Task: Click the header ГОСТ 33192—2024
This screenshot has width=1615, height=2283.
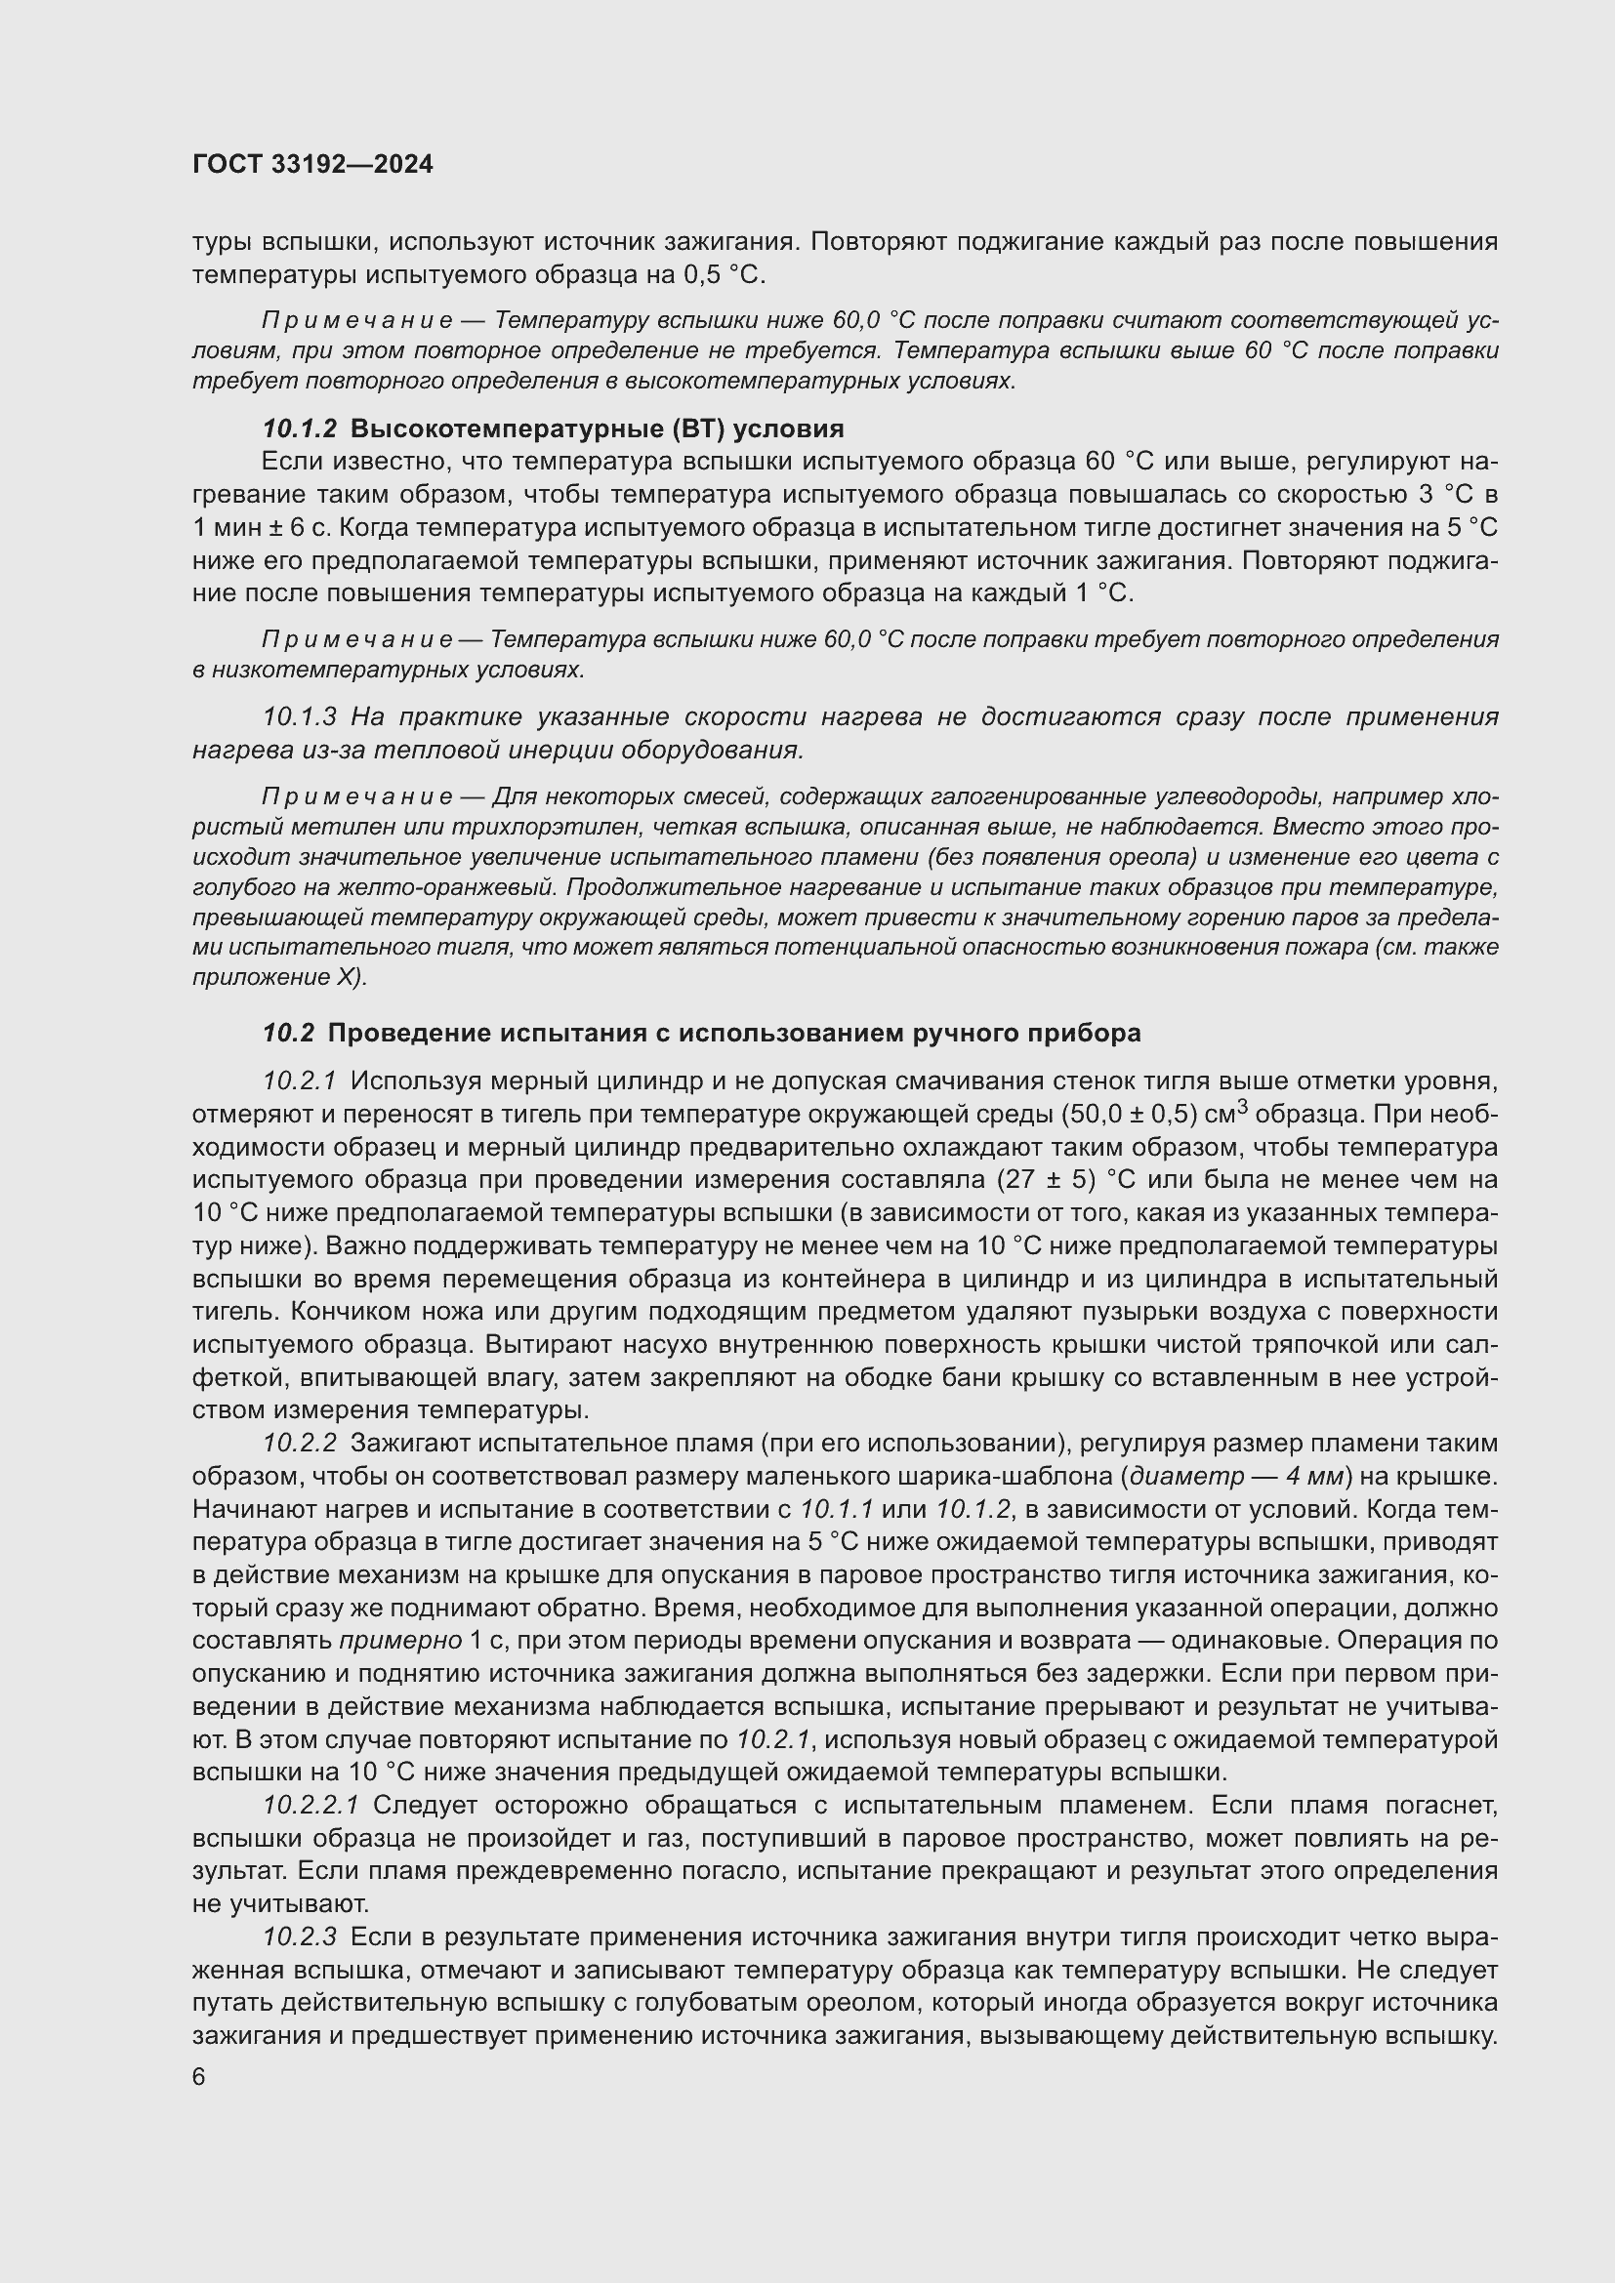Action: click(x=313, y=165)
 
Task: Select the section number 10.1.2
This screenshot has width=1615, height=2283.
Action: click(x=300, y=428)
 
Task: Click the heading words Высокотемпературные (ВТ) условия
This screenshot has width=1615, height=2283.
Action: click(x=597, y=428)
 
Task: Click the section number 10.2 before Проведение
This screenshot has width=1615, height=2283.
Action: click(x=288, y=1033)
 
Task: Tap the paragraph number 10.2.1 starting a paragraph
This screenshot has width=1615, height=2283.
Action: click(x=300, y=1080)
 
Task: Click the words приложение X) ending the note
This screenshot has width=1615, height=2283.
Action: click(x=279, y=977)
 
